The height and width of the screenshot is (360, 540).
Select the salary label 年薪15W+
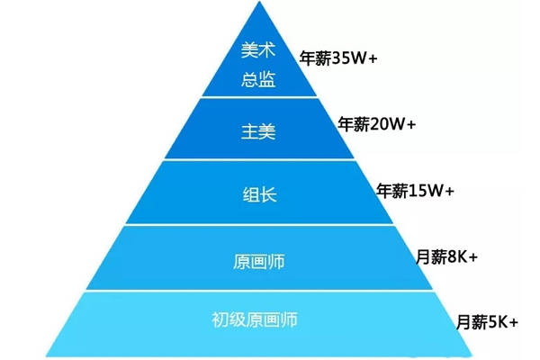click(x=415, y=191)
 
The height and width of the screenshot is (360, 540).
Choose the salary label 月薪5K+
click(x=488, y=320)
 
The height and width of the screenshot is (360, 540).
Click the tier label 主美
click(x=259, y=132)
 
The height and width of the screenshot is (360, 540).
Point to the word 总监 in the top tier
click(x=258, y=79)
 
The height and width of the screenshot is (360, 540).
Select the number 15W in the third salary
click(x=427, y=191)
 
